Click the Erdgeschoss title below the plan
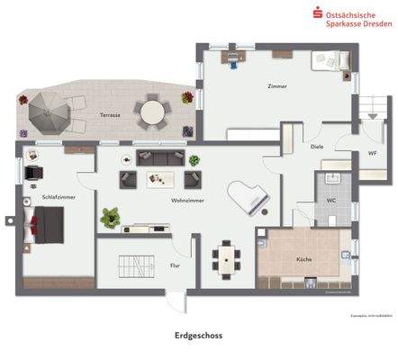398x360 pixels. (198, 335)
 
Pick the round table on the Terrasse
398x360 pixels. (151, 112)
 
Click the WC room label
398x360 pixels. (331, 200)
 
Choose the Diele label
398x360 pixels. (317, 147)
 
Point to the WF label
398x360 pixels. (371, 153)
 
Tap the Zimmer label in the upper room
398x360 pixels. (277, 86)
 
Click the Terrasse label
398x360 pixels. (110, 116)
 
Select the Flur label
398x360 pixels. (175, 265)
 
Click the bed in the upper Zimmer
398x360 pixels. (324, 61)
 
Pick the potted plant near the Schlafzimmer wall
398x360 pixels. (112, 216)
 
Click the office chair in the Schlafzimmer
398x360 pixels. (33, 173)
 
